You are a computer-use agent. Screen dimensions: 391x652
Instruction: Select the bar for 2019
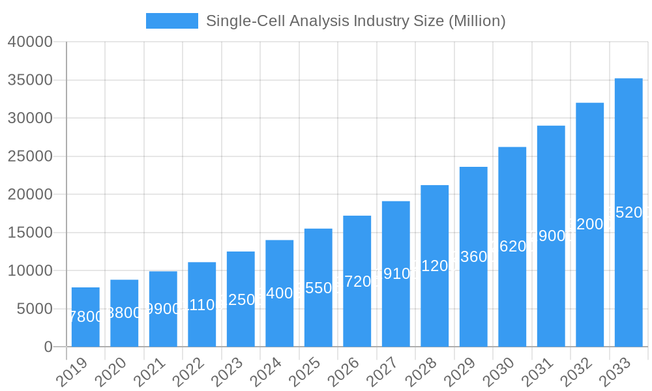click(x=85, y=317)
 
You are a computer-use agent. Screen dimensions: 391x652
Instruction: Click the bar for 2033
click(x=629, y=212)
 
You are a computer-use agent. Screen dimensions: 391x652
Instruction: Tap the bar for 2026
click(x=357, y=281)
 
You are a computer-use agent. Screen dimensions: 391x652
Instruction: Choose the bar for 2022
click(x=201, y=304)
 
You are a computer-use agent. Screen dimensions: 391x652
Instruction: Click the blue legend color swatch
click(x=171, y=21)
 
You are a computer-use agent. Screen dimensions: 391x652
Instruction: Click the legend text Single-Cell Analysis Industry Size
click(x=355, y=21)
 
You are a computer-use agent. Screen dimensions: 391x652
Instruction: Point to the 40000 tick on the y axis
click(x=29, y=42)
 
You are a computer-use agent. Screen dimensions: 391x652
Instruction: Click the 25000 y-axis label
click(x=29, y=156)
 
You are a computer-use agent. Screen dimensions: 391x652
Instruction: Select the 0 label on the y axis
click(x=48, y=347)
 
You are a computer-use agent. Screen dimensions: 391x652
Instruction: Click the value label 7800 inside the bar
click(x=85, y=317)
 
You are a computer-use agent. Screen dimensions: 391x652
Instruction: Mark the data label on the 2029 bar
click(x=473, y=257)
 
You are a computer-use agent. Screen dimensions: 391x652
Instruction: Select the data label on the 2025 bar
click(x=318, y=288)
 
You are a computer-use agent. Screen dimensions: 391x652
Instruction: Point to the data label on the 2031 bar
click(x=551, y=236)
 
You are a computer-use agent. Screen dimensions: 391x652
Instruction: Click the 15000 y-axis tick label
click(x=29, y=233)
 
